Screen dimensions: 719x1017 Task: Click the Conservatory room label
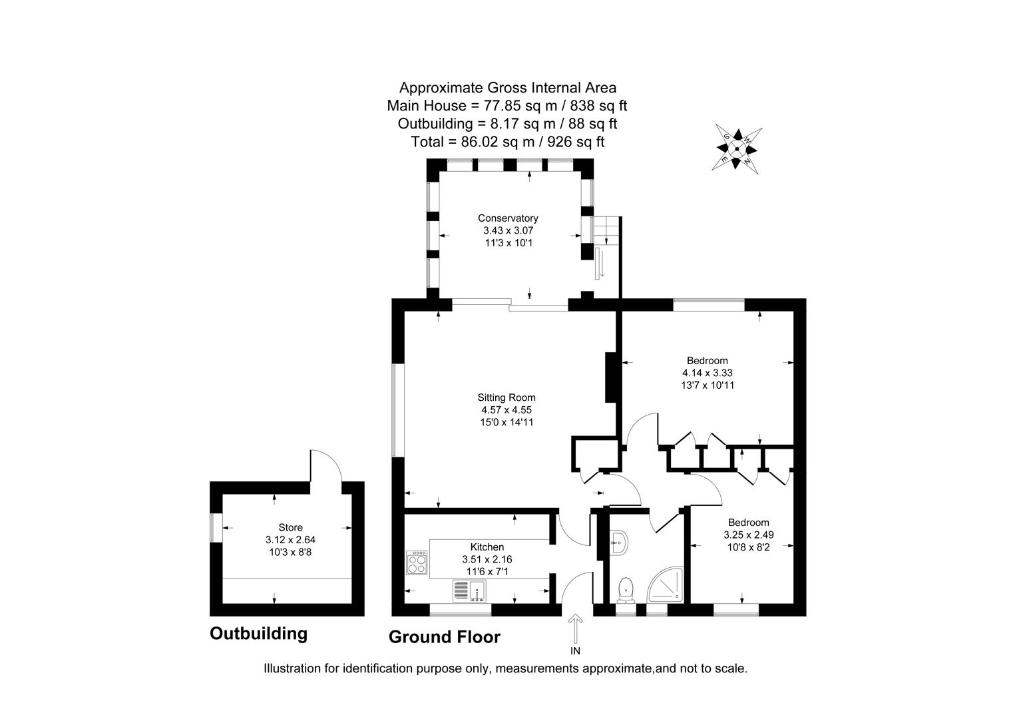click(x=507, y=218)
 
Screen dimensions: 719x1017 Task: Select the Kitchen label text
click(x=487, y=547)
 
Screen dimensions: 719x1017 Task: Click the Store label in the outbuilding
click(x=290, y=528)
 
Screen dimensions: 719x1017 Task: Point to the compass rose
click(x=737, y=149)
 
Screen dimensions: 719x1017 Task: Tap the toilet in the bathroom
click(x=625, y=589)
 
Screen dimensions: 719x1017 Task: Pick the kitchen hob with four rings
click(x=418, y=563)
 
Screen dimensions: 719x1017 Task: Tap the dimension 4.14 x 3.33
click(x=707, y=373)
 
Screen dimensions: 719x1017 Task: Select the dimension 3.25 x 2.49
click(x=748, y=535)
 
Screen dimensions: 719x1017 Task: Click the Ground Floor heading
click(x=444, y=637)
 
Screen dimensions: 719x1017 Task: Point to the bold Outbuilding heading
click(x=258, y=633)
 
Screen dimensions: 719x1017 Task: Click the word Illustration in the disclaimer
click(x=292, y=668)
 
